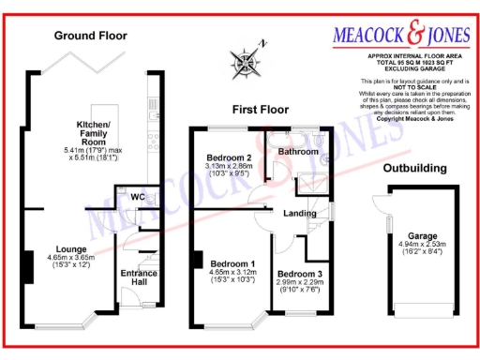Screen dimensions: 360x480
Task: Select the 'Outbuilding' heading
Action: pos(414,168)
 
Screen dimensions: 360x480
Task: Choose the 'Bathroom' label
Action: pos(299,150)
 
